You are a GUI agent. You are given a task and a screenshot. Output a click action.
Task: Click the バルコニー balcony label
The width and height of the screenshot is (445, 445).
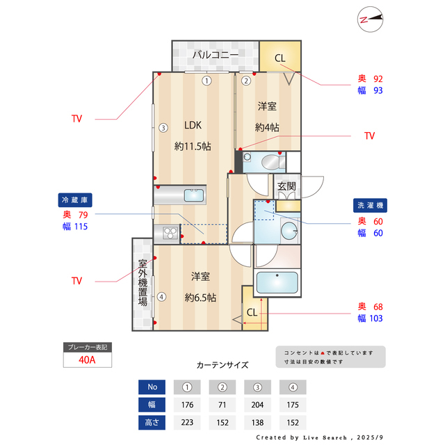click(216, 54)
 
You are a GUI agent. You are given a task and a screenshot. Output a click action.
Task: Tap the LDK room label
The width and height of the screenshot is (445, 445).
click(193, 126)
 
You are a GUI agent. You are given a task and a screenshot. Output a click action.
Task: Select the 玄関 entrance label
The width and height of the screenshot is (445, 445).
click(286, 186)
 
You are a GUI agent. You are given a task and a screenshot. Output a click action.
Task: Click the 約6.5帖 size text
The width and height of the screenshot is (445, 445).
click(200, 297)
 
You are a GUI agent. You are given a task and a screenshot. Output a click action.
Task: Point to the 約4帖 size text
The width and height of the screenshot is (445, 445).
click(267, 127)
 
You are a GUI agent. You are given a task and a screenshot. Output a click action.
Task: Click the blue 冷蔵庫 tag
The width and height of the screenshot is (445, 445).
click(76, 200)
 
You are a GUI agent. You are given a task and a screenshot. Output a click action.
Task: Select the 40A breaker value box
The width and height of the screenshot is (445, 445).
click(88, 360)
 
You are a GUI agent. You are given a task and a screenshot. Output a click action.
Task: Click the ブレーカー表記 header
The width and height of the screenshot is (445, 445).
click(88, 347)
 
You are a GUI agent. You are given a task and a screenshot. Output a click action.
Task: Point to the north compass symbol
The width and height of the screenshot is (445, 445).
click(371, 19)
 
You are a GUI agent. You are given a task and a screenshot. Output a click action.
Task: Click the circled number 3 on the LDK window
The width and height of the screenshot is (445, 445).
click(162, 128)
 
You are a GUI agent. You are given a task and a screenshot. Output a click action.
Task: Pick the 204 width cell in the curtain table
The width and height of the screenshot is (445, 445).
click(258, 405)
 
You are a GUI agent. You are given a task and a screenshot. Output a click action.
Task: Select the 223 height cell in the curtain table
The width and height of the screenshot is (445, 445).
click(187, 422)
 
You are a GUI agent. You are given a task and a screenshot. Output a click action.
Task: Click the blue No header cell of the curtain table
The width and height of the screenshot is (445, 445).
click(152, 387)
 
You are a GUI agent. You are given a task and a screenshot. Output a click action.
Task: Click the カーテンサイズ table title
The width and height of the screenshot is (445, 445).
click(222, 365)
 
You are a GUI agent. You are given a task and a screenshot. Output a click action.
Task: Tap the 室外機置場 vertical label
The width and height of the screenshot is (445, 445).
click(142, 284)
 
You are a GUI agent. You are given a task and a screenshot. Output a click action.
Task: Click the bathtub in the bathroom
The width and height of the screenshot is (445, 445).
click(277, 282)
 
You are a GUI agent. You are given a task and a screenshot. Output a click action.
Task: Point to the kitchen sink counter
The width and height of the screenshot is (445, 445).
click(180, 196)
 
